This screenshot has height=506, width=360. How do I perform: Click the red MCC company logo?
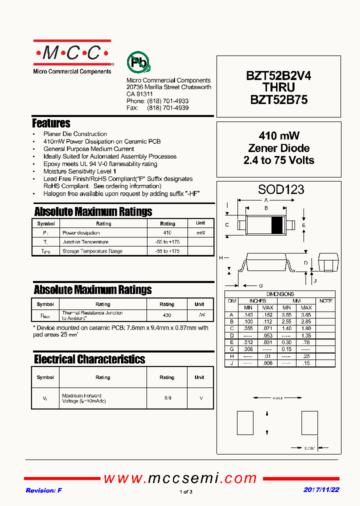[x=73, y=52]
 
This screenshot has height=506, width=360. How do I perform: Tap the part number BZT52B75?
[x=278, y=99]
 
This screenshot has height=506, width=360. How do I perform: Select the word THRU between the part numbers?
[x=278, y=87]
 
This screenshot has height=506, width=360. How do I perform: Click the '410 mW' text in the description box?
[x=278, y=136]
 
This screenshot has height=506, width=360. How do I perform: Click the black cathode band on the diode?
[x=276, y=225]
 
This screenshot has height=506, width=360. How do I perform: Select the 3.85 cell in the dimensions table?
[x=306, y=315]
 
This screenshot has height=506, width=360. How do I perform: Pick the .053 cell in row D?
[x=268, y=335]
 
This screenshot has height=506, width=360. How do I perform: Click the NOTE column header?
[x=326, y=301]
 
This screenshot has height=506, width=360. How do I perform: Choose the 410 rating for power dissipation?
[x=167, y=233]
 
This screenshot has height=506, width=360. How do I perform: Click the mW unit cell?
[x=200, y=233]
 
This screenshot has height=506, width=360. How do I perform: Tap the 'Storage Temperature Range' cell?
[x=92, y=251]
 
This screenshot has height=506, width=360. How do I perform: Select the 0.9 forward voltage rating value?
[x=167, y=398]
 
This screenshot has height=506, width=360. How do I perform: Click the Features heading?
[x=51, y=123]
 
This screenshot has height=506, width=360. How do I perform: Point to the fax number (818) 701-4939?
[x=167, y=108]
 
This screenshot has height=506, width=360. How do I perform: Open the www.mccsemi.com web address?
[x=180, y=478]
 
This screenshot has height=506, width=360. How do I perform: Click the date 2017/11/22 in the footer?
[x=321, y=490]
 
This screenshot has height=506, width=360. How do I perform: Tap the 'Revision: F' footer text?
[x=44, y=490]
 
